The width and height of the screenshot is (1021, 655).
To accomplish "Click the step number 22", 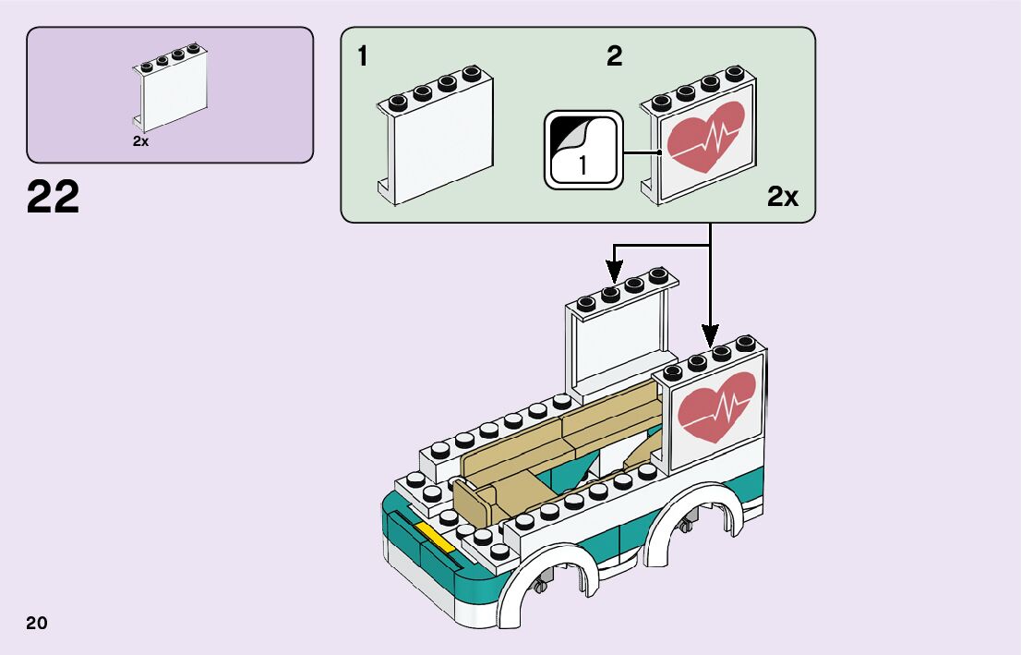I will click(53, 197).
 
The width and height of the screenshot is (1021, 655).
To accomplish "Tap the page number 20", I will click(37, 623).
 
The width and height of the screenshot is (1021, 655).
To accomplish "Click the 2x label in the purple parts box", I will click(140, 141).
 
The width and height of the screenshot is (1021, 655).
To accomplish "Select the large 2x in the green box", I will click(782, 197).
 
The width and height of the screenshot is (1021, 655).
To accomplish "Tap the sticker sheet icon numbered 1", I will click(583, 151).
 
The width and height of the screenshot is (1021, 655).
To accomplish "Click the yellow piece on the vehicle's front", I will click(435, 536).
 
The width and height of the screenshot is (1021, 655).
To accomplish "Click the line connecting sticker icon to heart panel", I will click(641, 152).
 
